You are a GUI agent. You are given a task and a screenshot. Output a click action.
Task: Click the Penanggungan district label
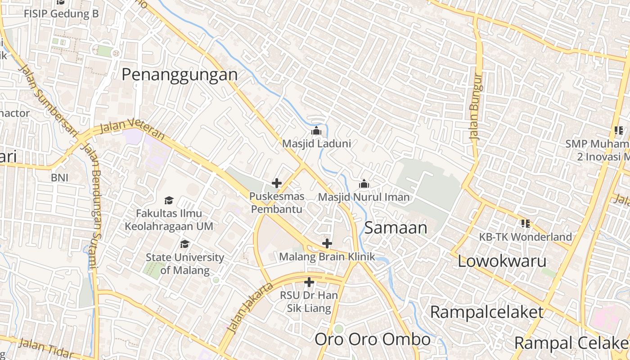[x=180, y=74]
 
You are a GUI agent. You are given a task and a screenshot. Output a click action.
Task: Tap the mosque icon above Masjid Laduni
[x=316, y=131]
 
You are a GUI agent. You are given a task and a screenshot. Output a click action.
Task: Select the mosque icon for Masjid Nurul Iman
[x=364, y=184]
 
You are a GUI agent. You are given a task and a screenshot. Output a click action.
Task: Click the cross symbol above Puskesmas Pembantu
[x=277, y=183]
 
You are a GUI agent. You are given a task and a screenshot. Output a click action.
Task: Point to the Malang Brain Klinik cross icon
[x=327, y=244]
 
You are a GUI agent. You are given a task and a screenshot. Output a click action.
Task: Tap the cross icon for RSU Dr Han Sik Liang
[x=309, y=283]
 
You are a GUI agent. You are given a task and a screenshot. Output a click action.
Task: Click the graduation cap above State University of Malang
[x=184, y=244]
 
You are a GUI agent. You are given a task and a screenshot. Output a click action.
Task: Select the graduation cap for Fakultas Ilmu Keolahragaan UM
[x=169, y=200]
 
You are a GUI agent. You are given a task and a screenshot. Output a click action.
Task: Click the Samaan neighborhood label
[x=396, y=228]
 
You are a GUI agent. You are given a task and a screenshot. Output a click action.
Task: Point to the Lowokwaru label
[x=502, y=261]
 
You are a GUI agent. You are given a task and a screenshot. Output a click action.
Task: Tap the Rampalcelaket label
[x=487, y=312]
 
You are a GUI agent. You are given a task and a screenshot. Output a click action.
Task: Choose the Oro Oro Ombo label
[x=372, y=339]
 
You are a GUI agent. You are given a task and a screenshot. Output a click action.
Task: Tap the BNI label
[x=59, y=178]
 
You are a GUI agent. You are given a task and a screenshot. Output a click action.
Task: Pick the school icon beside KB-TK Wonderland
[x=525, y=223]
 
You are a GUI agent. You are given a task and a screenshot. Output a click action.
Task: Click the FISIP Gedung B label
[x=61, y=13]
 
